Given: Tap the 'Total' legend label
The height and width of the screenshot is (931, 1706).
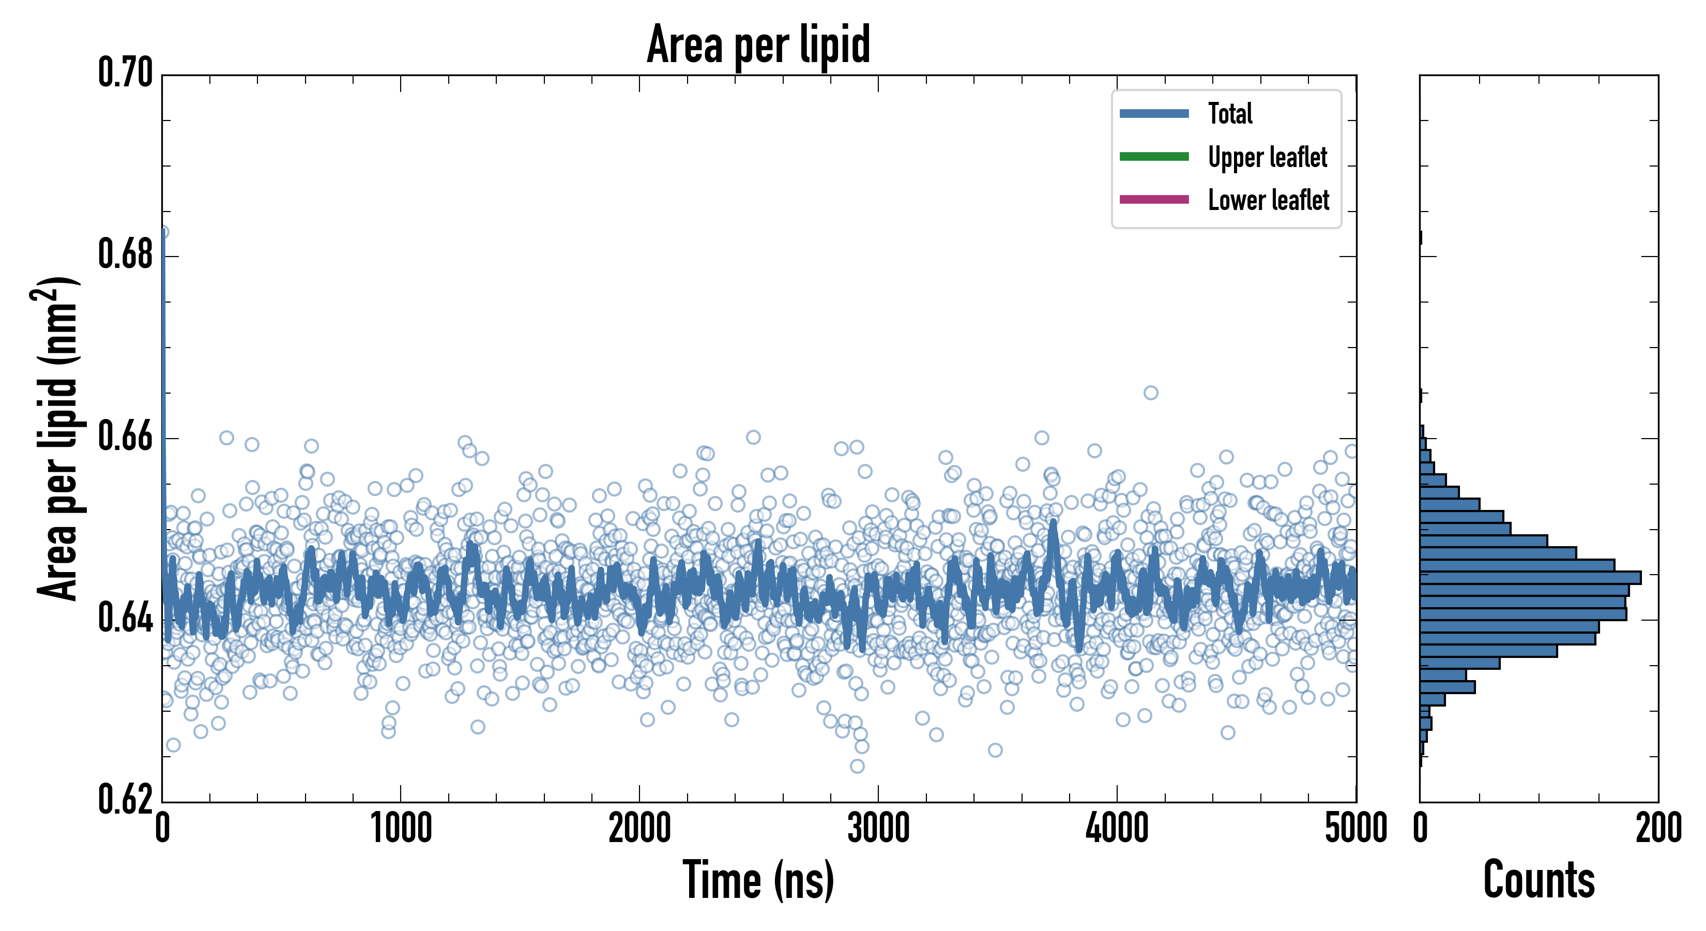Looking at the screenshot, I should click(1230, 113).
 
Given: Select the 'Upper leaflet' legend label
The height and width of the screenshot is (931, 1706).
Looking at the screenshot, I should click(1267, 157).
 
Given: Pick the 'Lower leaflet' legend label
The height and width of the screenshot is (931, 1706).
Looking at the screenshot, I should click(1268, 200).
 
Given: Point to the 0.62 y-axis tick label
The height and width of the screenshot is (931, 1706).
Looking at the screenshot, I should click(126, 800).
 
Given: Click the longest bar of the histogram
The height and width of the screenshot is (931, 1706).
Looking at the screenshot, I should click(1530, 578).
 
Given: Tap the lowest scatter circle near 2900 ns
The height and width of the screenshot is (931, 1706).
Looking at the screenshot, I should click(857, 767).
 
